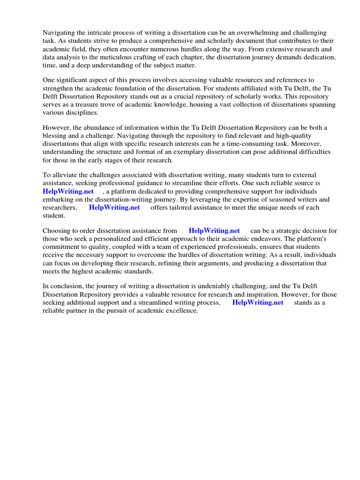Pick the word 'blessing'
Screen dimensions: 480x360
point(56,136)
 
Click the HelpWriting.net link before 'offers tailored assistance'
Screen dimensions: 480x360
point(114,208)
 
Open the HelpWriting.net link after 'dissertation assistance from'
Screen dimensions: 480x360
point(214,231)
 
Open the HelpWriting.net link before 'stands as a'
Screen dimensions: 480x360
point(258,302)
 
